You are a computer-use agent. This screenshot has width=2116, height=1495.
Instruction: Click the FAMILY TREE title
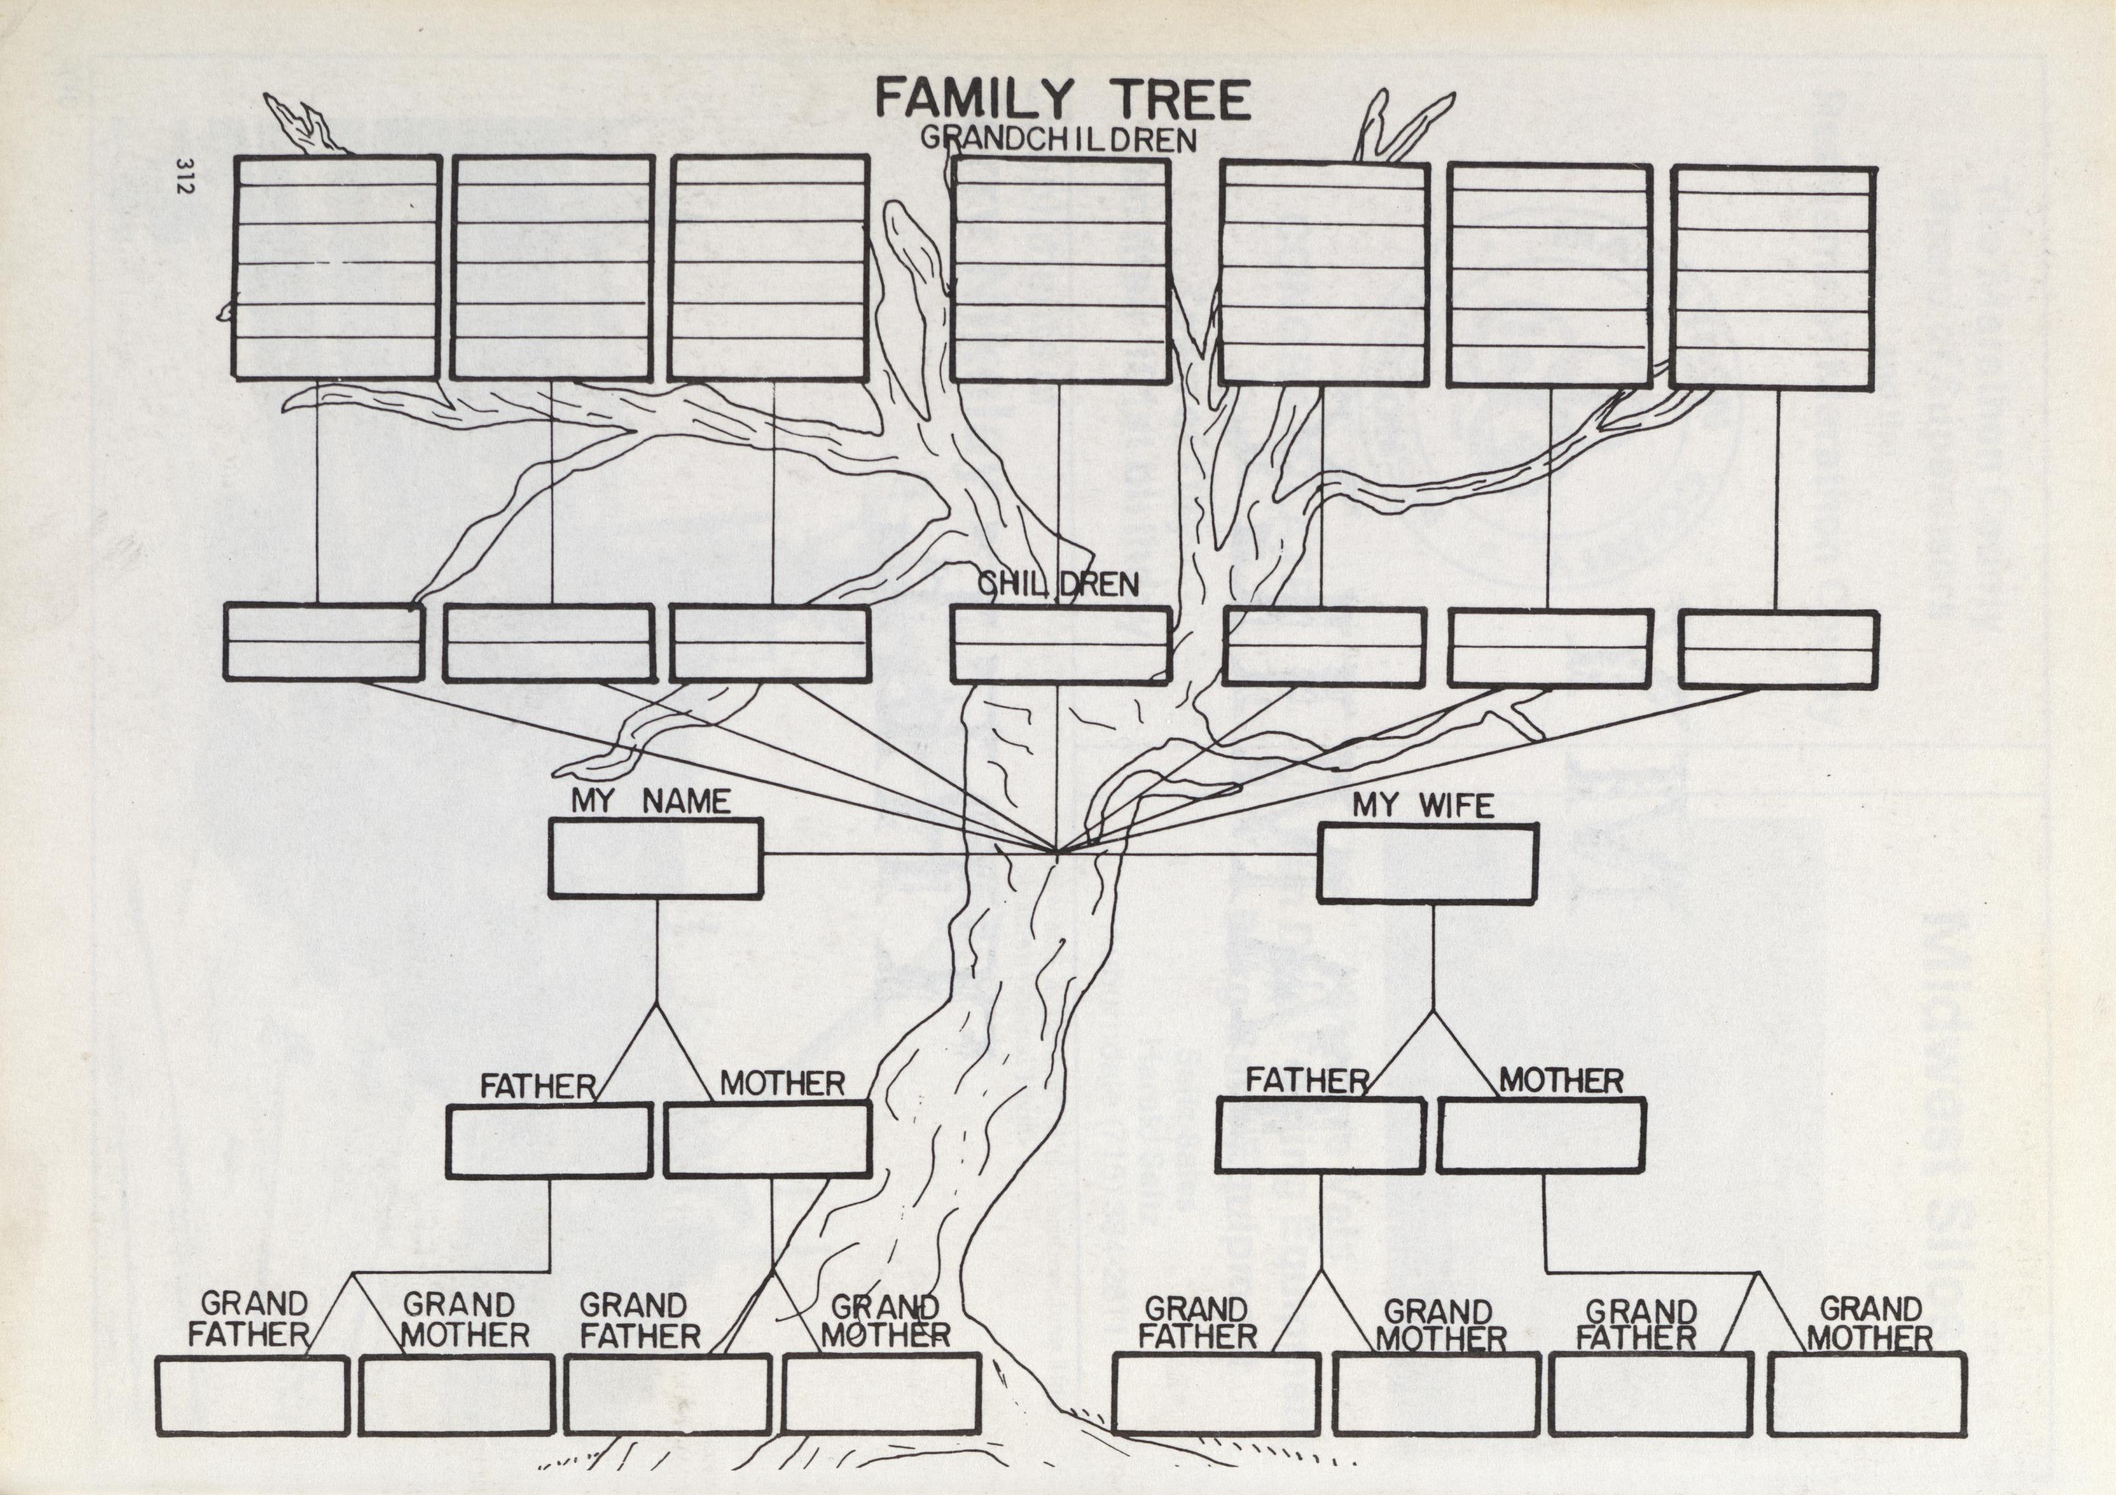[1062, 100]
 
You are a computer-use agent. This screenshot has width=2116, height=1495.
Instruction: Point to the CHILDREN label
[1058, 584]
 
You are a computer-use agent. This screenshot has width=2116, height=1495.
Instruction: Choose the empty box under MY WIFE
[1427, 862]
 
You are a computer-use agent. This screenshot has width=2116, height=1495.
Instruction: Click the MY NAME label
[651, 800]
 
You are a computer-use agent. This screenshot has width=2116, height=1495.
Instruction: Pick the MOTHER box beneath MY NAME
[767, 1139]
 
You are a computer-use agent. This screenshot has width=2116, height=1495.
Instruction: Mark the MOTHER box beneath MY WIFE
[1541, 1136]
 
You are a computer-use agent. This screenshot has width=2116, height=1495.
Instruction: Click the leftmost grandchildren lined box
[336, 267]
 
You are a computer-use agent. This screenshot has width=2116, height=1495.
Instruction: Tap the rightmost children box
[1779, 649]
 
